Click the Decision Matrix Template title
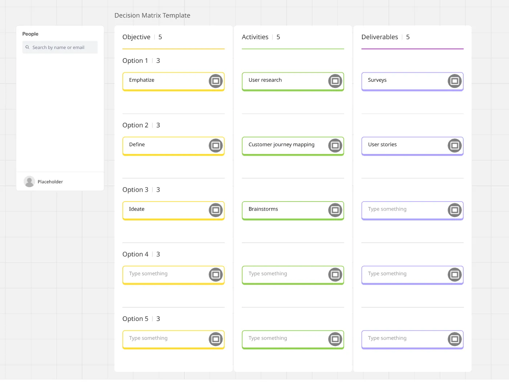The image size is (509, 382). pos(152,15)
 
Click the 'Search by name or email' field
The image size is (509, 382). pos(60,47)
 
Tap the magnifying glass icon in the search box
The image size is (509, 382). pos(27,47)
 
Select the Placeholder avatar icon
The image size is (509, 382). pos(29,181)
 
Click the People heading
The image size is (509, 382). pos(30,34)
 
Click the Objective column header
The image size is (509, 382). pos(137,37)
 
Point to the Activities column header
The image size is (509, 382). pos(255,37)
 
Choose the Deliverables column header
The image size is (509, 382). pos(379,37)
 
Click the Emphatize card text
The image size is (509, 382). pos(142,80)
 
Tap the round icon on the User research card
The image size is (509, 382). pos(335,81)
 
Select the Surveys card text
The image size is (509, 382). pos(377,80)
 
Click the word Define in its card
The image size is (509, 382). pos(137,145)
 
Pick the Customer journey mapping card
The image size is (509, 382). pos(293,146)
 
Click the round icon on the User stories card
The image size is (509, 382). pos(454,145)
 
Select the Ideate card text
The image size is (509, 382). pos(137,209)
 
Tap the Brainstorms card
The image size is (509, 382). pos(293,211)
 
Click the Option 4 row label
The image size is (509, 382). pos(135,254)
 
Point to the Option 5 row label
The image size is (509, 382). pos(135,319)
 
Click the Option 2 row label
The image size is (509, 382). pos(135,125)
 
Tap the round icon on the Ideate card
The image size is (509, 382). pos(215,210)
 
